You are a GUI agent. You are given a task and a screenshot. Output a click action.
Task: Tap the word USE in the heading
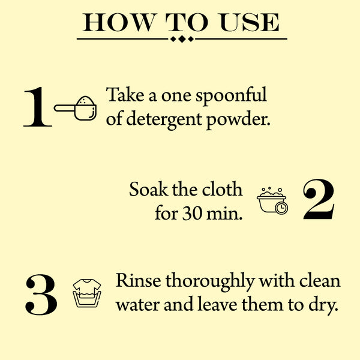pos(250,22)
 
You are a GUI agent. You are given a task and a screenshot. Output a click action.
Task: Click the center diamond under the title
pos(182,39)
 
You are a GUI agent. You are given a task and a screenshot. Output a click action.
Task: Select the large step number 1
pos(38,107)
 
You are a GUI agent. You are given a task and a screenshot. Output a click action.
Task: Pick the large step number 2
pos(319,199)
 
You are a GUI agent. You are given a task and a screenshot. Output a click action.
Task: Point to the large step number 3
pos(41,295)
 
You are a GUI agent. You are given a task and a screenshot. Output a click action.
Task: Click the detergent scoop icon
pos(76,108)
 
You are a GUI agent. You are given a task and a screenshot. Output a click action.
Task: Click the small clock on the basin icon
pos(281,208)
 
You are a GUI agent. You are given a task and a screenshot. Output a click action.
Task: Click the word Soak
pos(148,190)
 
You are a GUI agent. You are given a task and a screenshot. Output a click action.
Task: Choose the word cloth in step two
pos(222,190)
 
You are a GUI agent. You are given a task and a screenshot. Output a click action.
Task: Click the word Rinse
pos(139,280)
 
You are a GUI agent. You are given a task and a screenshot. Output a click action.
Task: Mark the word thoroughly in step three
pos(210,282)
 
